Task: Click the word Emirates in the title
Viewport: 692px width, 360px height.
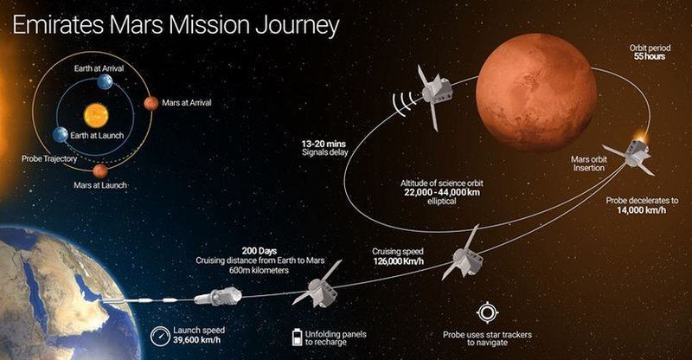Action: tap(59, 26)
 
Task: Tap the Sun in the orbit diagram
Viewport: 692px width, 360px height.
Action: tap(96, 115)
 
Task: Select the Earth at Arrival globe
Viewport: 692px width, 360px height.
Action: tap(105, 81)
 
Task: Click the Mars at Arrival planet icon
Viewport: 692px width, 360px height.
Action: tap(151, 103)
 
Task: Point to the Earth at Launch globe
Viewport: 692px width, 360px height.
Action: tap(61, 135)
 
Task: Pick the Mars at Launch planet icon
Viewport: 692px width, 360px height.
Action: tap(100, 171)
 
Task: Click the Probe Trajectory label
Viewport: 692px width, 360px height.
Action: tap(49, 158)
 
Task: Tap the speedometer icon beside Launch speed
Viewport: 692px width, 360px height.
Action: tap(160, 336)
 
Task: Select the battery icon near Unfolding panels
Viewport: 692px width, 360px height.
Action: tap(298, 337)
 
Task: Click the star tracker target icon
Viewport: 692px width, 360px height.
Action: tap(488, 312)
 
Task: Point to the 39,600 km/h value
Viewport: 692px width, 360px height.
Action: tap(197, 340)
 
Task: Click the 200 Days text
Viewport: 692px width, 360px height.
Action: tap(259, 251)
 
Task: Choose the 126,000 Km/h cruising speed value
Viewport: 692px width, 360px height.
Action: tap(399, 261)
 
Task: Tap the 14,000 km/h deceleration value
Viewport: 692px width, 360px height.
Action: tap(641, 209)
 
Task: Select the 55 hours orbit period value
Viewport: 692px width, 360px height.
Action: tap(650, 56)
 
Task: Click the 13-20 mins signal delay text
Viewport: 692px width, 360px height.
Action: tap(324, 144)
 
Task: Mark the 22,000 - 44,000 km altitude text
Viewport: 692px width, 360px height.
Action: tap(442, 192)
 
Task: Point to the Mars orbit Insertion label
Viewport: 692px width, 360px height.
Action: tap(589, 164)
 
